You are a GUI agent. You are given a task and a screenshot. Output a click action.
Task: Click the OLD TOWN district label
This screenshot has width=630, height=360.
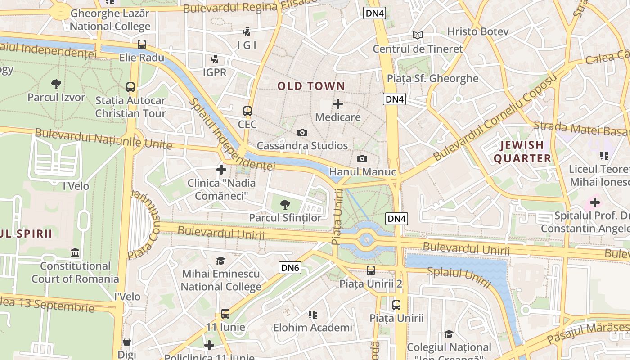[311, 86]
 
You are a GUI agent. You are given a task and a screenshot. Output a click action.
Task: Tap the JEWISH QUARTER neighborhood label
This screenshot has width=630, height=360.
[522, 152]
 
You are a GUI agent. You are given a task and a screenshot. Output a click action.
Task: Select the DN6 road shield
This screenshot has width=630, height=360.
[290, 268]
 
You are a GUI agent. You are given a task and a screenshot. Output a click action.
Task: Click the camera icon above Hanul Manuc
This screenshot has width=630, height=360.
[362, 158]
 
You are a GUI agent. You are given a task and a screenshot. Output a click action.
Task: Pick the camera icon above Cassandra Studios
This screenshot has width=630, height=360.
[302, 132]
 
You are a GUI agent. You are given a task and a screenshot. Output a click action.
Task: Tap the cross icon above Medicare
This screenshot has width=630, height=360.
[337, 104]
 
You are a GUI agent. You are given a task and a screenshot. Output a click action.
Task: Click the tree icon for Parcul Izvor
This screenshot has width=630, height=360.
[56, 84]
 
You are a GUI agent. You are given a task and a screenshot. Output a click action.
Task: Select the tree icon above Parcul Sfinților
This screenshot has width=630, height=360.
[285, 205]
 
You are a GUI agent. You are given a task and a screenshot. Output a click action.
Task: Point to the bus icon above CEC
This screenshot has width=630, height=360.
[247, 111]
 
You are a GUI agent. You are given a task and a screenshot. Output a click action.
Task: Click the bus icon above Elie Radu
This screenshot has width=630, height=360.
[142, 44]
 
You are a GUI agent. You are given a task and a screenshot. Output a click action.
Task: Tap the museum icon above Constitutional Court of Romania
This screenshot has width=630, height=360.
[75, 252]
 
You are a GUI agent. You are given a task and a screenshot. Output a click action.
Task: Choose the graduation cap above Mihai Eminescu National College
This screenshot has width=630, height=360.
[220, 261]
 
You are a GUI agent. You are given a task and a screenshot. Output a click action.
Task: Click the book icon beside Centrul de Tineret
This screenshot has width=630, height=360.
[418, 35]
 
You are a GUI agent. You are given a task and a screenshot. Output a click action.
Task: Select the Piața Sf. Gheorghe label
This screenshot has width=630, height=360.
[432, 78]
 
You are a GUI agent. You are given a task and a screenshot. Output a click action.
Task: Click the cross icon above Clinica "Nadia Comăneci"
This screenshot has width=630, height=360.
[221, 170]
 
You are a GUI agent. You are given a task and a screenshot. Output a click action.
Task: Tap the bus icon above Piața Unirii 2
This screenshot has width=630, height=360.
[370, 270]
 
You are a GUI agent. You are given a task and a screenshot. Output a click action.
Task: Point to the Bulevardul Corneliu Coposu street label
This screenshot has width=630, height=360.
[495, 117]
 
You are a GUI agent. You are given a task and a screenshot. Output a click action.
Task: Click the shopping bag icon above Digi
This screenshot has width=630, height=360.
[127, 342]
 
